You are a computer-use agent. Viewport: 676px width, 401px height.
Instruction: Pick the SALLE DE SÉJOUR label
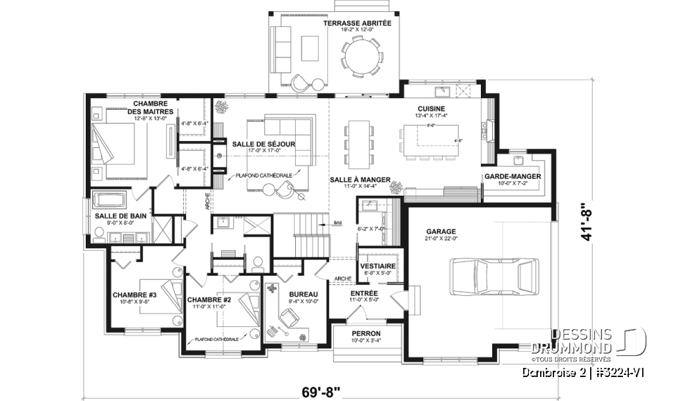tap(267, 144)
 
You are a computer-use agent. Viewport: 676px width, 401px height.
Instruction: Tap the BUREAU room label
tap(303, 294)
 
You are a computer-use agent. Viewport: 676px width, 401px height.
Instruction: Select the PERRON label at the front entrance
tap(366, 333)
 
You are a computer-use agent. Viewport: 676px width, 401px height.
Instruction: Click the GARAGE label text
tap(441, 230)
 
